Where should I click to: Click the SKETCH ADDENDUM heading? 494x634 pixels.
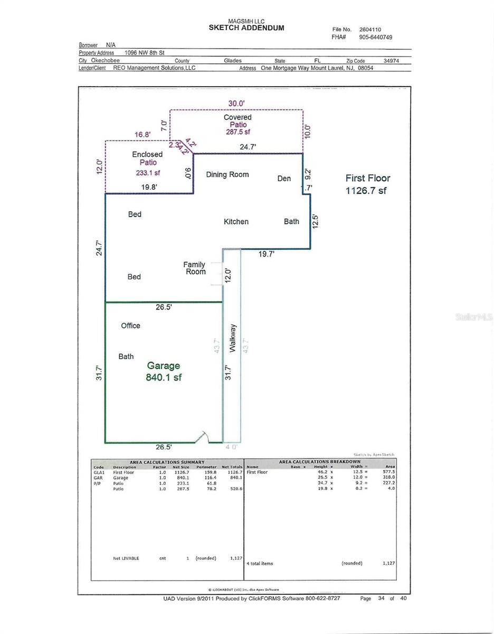[x=246, y=28]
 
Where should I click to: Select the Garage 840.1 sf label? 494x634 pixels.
[x=164, y=371]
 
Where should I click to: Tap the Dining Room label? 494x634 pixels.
[x=227, y=174]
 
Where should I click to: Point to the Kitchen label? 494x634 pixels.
[x=236, y=221]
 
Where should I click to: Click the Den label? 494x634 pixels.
[x=284, y=179]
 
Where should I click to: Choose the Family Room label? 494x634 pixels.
[x=194, y=268]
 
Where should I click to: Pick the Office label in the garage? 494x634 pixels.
[x=130, y=325]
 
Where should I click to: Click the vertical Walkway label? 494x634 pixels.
[x=232, y=338]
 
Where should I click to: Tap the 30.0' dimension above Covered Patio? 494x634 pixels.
[x=236, y=104]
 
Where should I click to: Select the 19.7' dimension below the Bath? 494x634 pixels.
[x=266, y=254]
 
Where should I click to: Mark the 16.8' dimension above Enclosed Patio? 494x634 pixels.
[x=142, y=135]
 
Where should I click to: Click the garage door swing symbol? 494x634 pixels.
[x=202, y=436]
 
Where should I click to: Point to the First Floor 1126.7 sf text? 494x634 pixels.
[x=367, y=184]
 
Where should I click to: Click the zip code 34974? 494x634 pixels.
[x=391, y=61]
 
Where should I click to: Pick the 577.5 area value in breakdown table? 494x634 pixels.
[x=389, y=472]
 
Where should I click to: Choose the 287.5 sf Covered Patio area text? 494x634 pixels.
[x=238, y=132]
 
